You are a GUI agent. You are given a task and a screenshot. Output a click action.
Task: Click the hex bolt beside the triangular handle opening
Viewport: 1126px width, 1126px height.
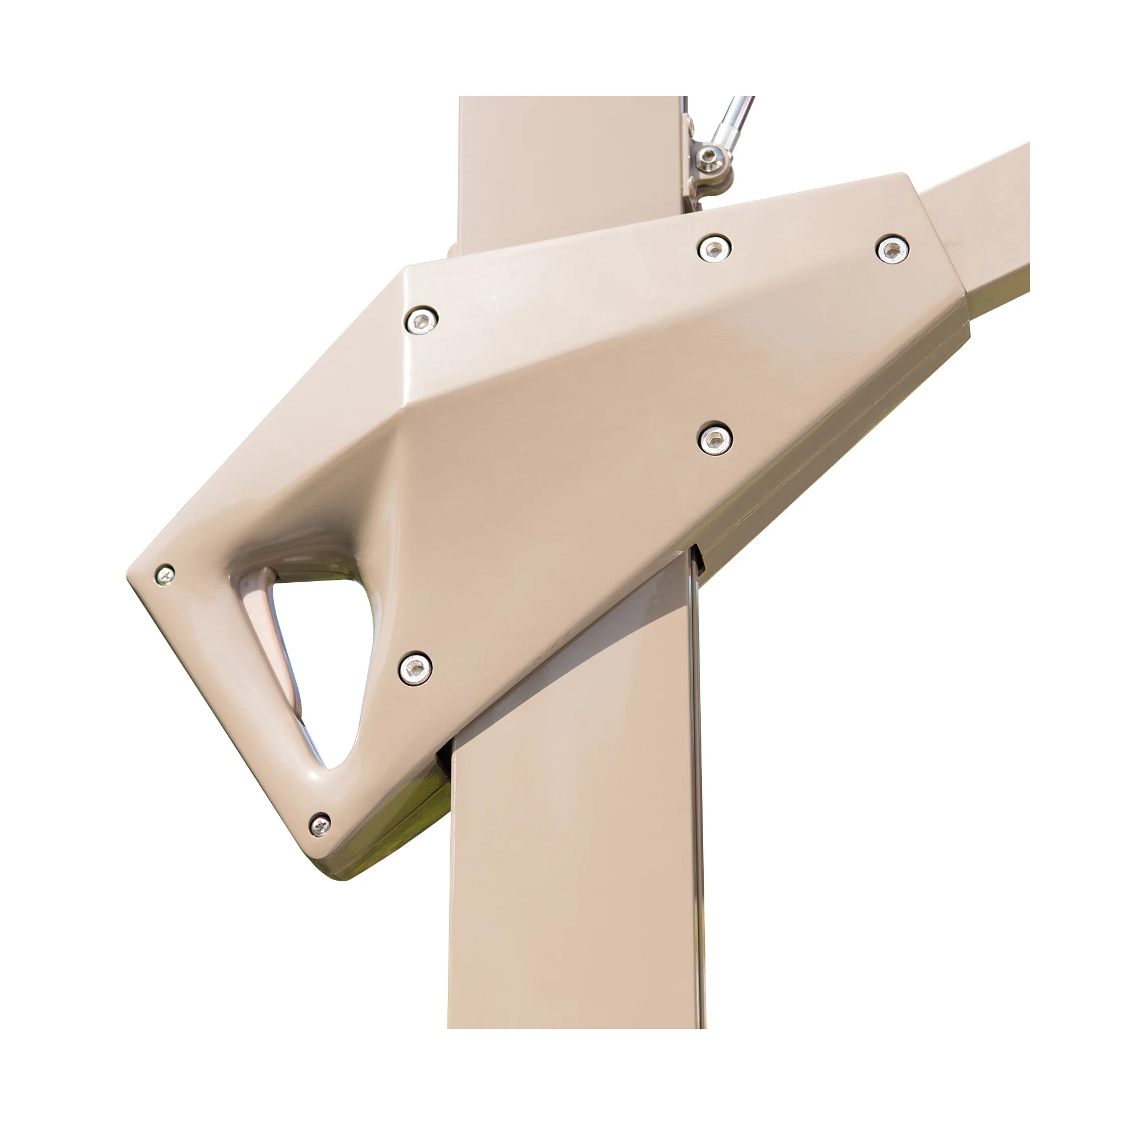pos(416,668)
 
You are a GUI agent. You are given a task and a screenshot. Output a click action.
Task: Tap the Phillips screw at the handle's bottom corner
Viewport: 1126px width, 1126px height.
pos(319,824)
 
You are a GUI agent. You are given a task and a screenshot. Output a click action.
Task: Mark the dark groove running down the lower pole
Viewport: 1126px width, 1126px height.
pos(696,818)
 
